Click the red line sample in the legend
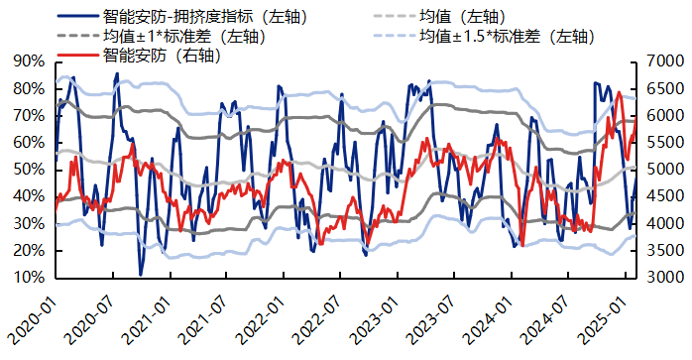tap(77, 56)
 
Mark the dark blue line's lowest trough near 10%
tap(141, 275)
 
